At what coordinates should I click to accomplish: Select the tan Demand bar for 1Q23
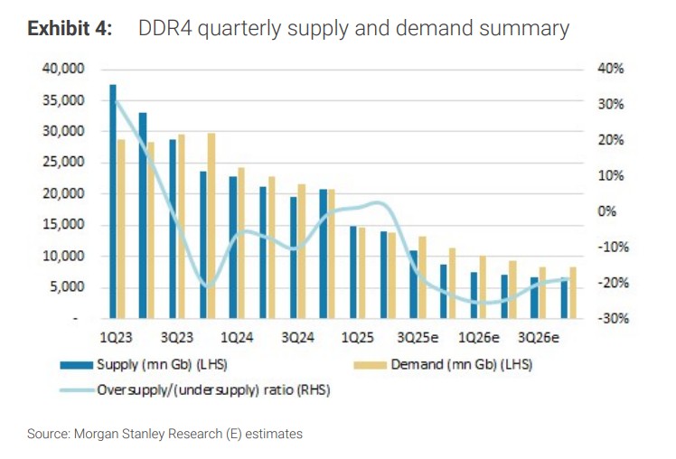[x=121, y=229]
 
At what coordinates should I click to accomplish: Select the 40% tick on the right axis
[x=604, y=69]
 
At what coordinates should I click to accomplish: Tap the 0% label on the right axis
[x=606, y=211]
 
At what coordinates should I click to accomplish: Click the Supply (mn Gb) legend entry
[x=178, y=365]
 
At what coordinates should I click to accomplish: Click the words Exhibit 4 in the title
[x=70, y=29]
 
